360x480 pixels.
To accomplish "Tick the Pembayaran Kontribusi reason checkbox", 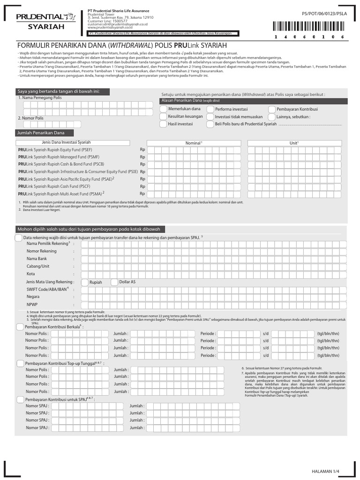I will pos(272,109).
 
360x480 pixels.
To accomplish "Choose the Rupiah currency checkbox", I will pos(85,282).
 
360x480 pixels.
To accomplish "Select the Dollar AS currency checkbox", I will pos(115,282).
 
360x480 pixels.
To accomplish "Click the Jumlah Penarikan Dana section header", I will pos(41,134).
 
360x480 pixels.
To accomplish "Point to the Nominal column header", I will pos(193,142).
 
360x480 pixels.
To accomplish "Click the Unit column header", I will pos(294,142).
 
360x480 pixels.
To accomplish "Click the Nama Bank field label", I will pos(37,259).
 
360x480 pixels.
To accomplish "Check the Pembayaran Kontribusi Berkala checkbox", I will pos(20,327).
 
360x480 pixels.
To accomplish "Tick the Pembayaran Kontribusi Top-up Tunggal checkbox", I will pos(20,363).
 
